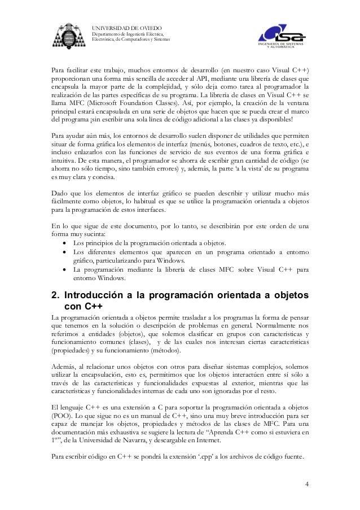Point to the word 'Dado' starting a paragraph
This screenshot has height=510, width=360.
pos(60,194)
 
